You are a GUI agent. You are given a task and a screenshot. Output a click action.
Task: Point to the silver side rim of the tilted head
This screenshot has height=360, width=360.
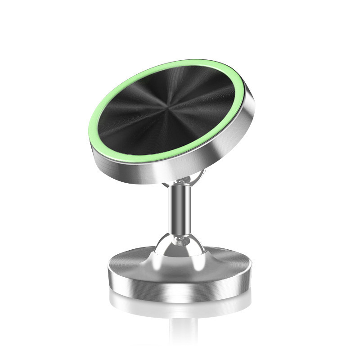[211, 157]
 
